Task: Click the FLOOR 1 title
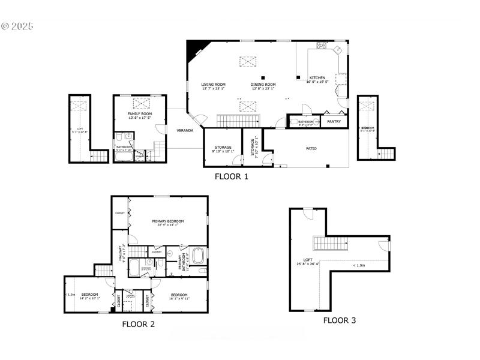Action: tap(232, 177)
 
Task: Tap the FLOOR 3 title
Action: tap(340, 320)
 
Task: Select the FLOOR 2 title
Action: tap(139, 324)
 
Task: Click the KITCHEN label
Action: tap(317, 78)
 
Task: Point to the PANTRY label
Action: tap(334, 122)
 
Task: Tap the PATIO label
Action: tap(311, 148)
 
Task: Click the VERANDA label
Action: tap(184, 130)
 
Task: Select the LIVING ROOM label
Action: tap(213, 85)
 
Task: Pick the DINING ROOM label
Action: tap(263, 85)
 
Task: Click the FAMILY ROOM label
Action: tap(139, 113)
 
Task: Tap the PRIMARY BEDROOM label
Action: tap(167, 221)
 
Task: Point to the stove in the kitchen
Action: tap(322, 46)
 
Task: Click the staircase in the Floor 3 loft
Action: tap(330, 244)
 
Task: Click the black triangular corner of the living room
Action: tap(193, 49)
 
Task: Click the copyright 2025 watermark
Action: tap(18, 26)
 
